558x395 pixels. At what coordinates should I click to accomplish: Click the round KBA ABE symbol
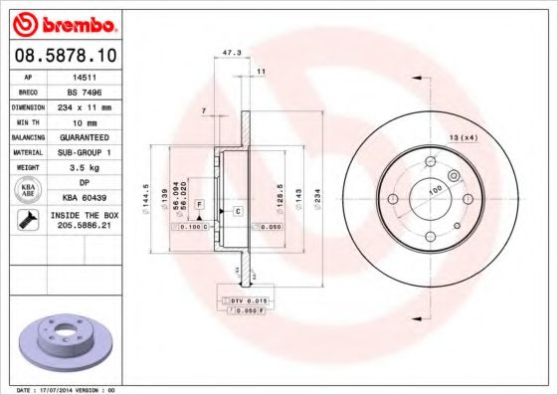[28, 191]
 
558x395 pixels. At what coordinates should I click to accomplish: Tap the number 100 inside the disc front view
[435, 189]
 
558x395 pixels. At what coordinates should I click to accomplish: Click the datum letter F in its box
[200, 203]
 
